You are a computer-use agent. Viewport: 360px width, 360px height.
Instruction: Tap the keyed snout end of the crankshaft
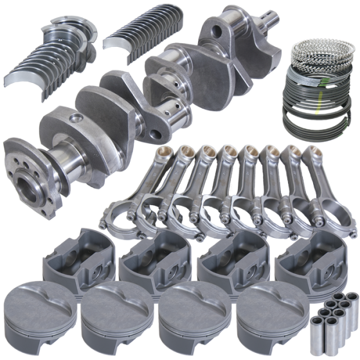271,27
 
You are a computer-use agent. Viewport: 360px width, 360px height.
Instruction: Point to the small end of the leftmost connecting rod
166,151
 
